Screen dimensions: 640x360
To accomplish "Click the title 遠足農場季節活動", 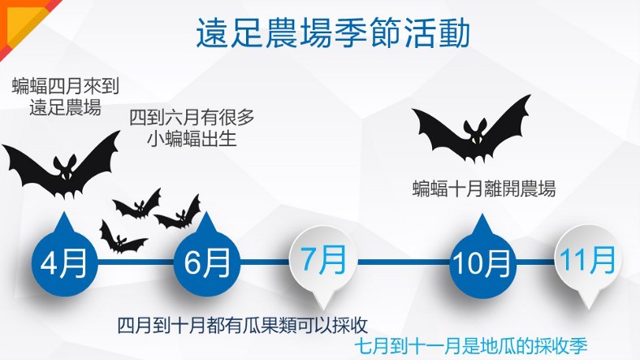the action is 333,33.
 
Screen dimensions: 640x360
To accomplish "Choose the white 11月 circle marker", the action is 588,260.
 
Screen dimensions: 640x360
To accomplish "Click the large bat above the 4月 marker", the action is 61,163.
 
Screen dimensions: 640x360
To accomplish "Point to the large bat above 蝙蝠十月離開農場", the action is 471,128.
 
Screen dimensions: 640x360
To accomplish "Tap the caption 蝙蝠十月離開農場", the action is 484,189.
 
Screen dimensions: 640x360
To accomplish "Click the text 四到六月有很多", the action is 192,118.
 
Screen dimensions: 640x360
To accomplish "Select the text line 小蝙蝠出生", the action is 192,138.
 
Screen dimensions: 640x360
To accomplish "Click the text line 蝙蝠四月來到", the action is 65,86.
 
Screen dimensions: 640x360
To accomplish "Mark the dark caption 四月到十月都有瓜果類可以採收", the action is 243,325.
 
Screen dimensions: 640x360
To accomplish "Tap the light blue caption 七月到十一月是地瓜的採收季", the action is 470,347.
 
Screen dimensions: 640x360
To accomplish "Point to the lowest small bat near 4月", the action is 122,238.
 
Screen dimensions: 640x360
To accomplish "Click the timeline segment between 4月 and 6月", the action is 136,262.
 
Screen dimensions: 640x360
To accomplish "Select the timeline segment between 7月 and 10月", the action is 404,262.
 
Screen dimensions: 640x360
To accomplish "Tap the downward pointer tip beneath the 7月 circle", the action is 323,311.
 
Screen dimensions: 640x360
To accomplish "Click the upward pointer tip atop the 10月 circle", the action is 482,215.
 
